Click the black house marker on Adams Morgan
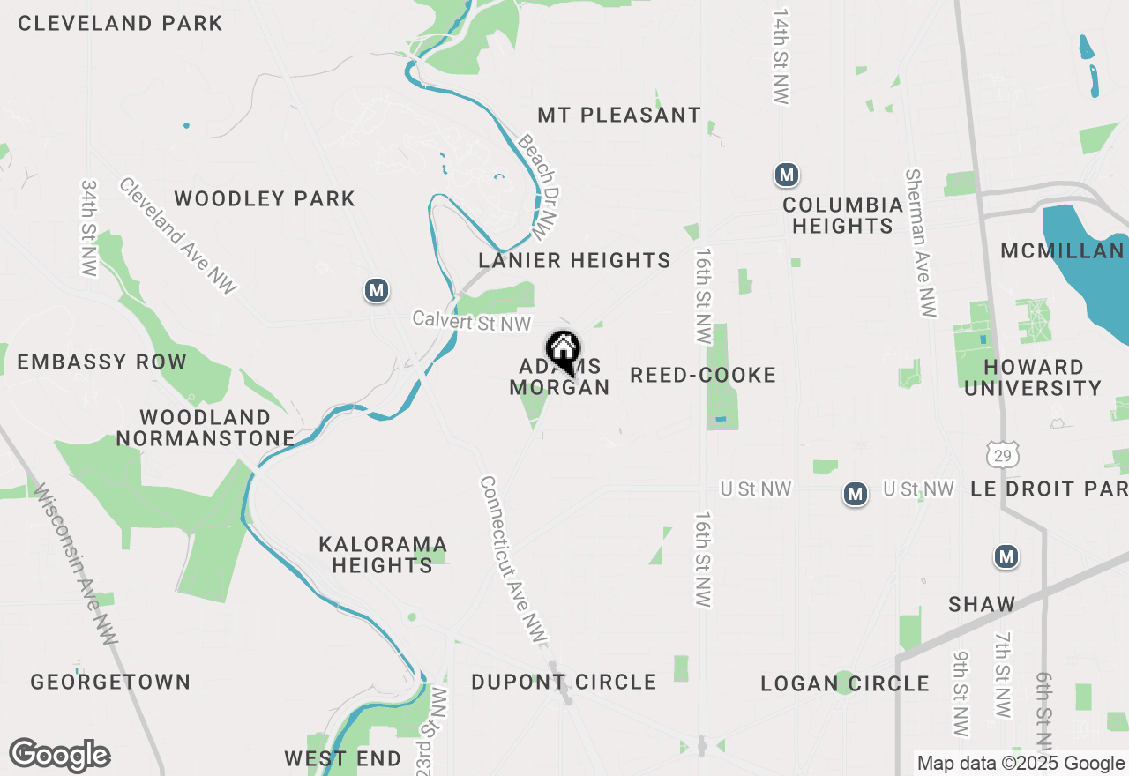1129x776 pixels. point(563,350)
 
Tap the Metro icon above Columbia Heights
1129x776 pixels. point(787,175)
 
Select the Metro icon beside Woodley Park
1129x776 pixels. point(378,289)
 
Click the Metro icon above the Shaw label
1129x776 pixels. point(1006,556)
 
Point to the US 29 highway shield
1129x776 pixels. point(1003,454)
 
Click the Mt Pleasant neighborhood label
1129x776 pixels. point(619,115)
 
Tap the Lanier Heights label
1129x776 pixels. point(574,260)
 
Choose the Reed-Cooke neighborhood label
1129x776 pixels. point(703,375)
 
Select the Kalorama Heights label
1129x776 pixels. point(383,554)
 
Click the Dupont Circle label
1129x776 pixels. point(564,682)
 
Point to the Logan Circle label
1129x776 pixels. point(845,683)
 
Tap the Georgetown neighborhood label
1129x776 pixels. point(110,682)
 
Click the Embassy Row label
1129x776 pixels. point(102,362)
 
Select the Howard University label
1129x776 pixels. point(1033,377)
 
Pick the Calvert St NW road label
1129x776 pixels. point(472,322)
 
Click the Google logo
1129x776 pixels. point(59,756)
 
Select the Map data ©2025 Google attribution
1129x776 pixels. point(1020,764)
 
